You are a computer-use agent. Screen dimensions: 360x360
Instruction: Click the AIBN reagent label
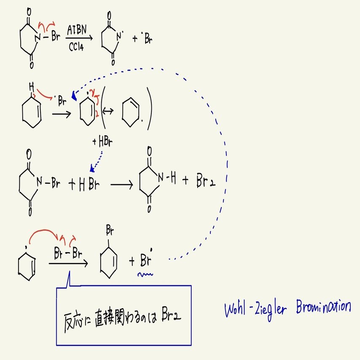pyautogui.click(x=77, y=30)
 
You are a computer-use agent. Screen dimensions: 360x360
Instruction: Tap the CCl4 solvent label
pyautogui.click(x=76, y=47)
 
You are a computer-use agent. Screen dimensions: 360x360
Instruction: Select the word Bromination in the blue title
pyautogui.click(x=323, y=306)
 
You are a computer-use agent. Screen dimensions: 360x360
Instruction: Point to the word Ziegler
pyautogui.click(x=271, y=310)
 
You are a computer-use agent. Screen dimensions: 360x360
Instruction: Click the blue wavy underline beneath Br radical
pyautogui.click(x=145, y=274)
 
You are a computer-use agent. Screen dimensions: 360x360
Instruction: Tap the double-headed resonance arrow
pyautogui.click(x=108, y=111)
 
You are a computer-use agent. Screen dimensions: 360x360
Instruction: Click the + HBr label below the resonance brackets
pyautogui.click(x=102, y=142)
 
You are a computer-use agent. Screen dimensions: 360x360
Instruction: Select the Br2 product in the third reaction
pyautogui.click(x=206, y=181)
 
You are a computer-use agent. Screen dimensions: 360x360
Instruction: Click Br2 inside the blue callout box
pyautogui.click(x=171, y=314)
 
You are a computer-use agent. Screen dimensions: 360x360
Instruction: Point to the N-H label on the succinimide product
pyautogui.click(x=167, y=178)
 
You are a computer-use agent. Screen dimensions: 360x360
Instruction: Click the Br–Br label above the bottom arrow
pyautogui.click(x=68, y=253)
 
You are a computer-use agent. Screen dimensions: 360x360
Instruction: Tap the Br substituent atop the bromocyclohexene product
pyautogui.click(x=110, y=230)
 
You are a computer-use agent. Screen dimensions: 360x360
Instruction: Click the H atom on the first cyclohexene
pyautogui.click(x=32, y=87)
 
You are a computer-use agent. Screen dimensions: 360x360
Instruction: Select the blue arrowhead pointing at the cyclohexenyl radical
pyautogui.click(x=74, y=96)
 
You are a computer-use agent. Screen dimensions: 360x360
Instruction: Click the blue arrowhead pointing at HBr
pyautogui.click(x=92, y=168)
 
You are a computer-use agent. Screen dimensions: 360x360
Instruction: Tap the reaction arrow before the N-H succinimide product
pyautogui.click(x=121, y=185)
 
